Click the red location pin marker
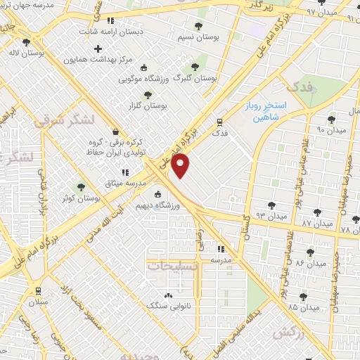tap(181, 167)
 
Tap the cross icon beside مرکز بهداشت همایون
tap(98, 49)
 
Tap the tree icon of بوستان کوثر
tap(82, 186)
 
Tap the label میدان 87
tap(316, 222)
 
